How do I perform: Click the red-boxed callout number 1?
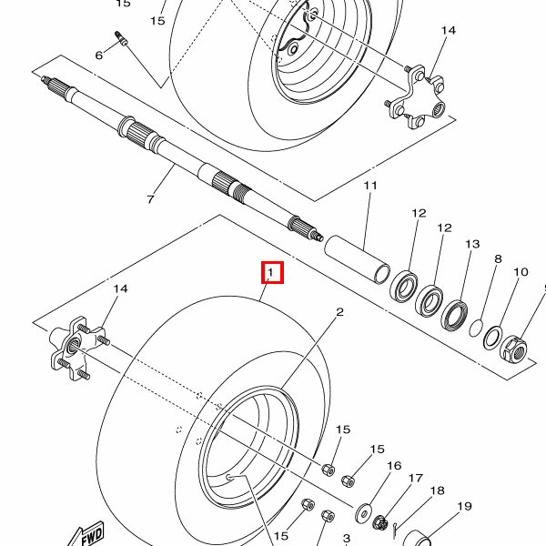271,272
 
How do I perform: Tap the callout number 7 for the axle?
150,199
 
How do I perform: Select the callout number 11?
370,186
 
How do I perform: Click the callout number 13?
472,244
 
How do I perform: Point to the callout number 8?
498,258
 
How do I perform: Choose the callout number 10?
521,271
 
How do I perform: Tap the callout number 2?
339,311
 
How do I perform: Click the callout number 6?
99,55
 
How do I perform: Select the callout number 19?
464,506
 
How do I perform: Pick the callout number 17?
416,478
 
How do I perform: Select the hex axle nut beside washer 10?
513,349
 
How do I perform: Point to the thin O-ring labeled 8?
476,328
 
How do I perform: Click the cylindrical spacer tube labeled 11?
358,259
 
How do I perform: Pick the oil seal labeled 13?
454,315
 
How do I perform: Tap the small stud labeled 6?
121,38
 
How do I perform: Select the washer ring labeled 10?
492,338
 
